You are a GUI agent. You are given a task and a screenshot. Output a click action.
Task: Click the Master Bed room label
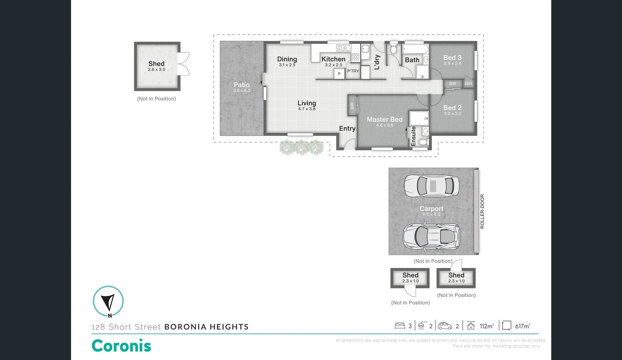[385, 119]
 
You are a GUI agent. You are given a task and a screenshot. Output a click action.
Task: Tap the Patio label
[241, 85]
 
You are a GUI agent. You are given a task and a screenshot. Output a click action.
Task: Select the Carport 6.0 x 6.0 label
[431, 211]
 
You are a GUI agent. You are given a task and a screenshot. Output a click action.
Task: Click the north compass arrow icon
[108, 301]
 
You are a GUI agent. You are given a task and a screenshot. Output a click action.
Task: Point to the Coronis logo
[121, 346]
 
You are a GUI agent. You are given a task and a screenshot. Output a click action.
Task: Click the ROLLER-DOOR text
[482, 211]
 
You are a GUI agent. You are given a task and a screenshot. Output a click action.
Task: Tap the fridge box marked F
[339, 74]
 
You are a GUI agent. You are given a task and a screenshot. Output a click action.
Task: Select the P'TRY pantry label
[353, 71]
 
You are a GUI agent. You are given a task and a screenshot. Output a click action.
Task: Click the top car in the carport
[432, 186]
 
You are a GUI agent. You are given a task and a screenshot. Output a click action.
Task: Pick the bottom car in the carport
[432, 236]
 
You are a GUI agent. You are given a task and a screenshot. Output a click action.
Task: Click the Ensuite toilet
[423, 142]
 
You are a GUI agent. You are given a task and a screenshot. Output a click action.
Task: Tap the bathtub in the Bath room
[415, 49]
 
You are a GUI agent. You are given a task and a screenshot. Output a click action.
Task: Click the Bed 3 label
[452, 58]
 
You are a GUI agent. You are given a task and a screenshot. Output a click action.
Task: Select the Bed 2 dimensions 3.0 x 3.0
[452, 114]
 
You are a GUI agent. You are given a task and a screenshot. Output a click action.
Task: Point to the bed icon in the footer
[400, 326]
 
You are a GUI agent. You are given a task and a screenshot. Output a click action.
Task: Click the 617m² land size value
[522, 326]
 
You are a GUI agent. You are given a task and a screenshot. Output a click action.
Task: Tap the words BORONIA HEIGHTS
[206, 327]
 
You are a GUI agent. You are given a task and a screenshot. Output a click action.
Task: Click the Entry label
[347, 128]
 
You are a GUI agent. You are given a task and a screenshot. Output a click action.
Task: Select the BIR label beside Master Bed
[352, 106]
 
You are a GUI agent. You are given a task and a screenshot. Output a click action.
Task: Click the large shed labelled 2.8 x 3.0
[157, 66]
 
